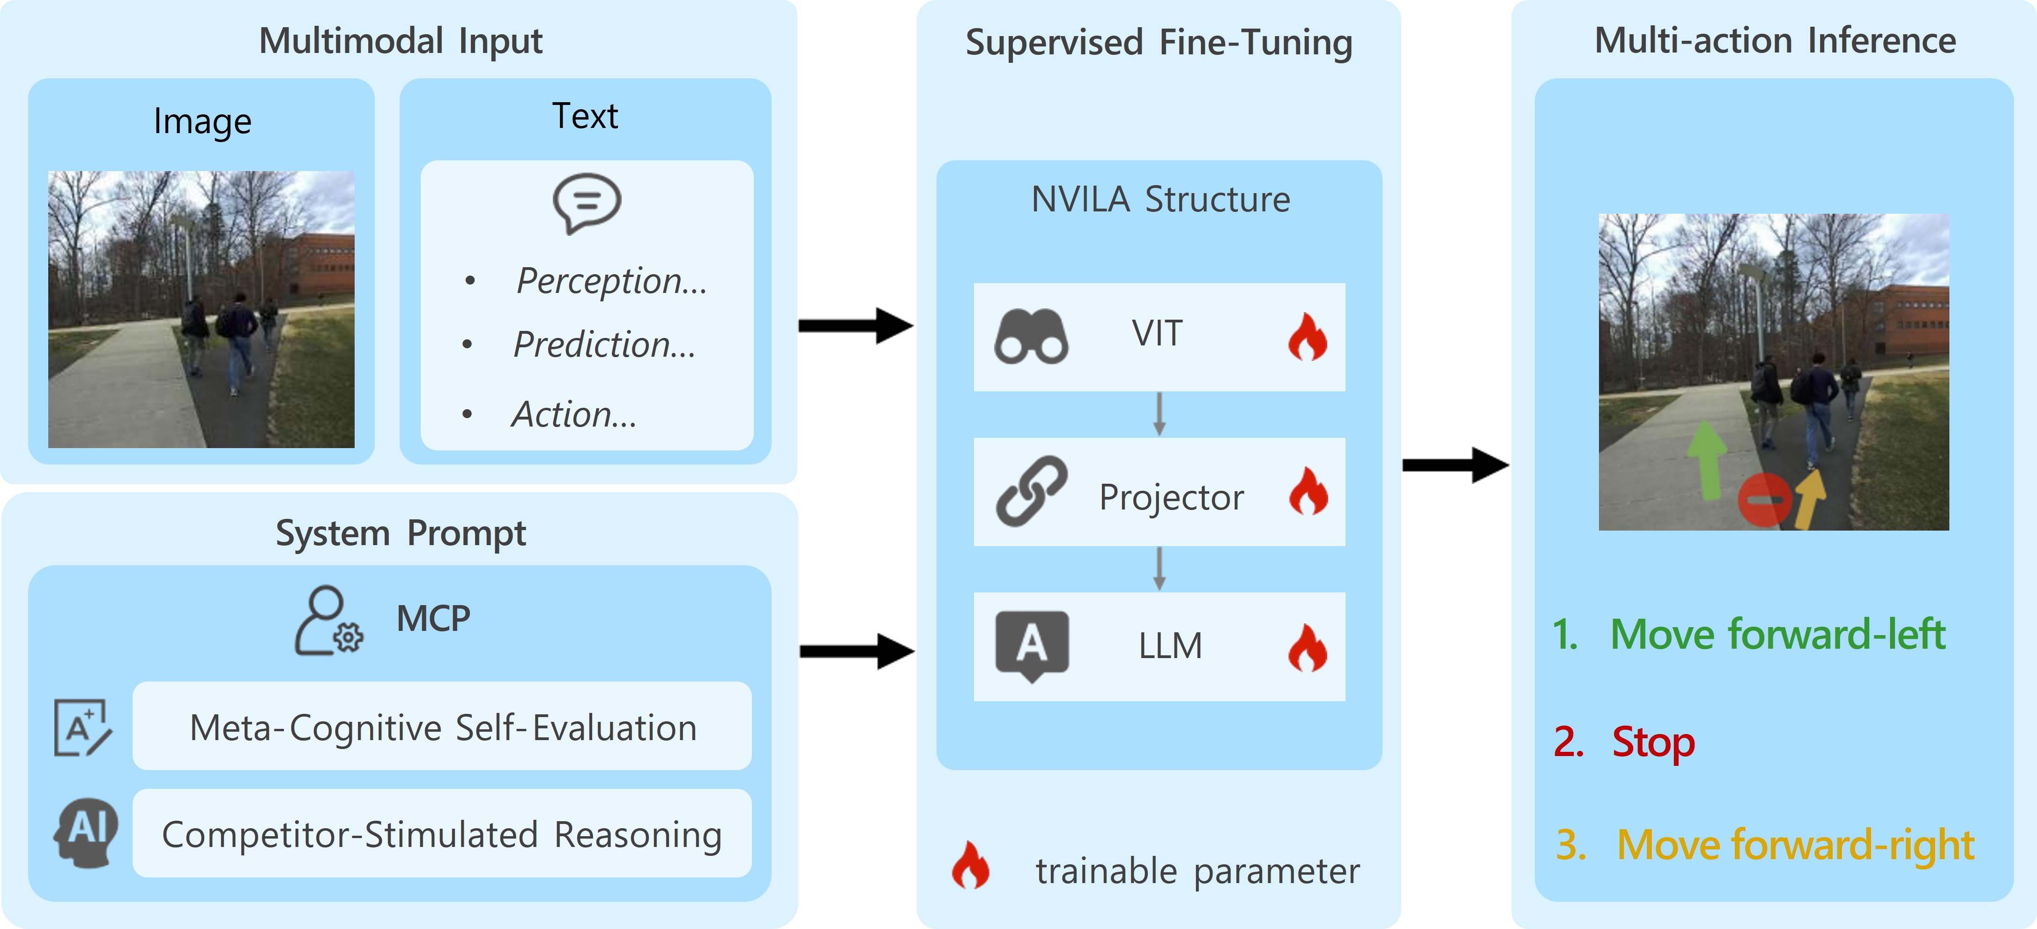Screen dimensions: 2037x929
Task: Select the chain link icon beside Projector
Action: click(1031, 491)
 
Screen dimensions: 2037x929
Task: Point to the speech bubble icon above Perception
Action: click(587, 202)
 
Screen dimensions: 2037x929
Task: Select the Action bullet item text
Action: click(574, 414)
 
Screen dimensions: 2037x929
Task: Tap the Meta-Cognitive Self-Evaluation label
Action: click(443, 727)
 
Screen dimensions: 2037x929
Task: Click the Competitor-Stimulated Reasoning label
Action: click(441, 835)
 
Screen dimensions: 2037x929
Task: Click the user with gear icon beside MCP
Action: click(328, 621)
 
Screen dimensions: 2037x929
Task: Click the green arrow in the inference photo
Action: click(1708, 461)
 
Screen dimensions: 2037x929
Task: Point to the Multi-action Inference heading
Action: click(1775, 40)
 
